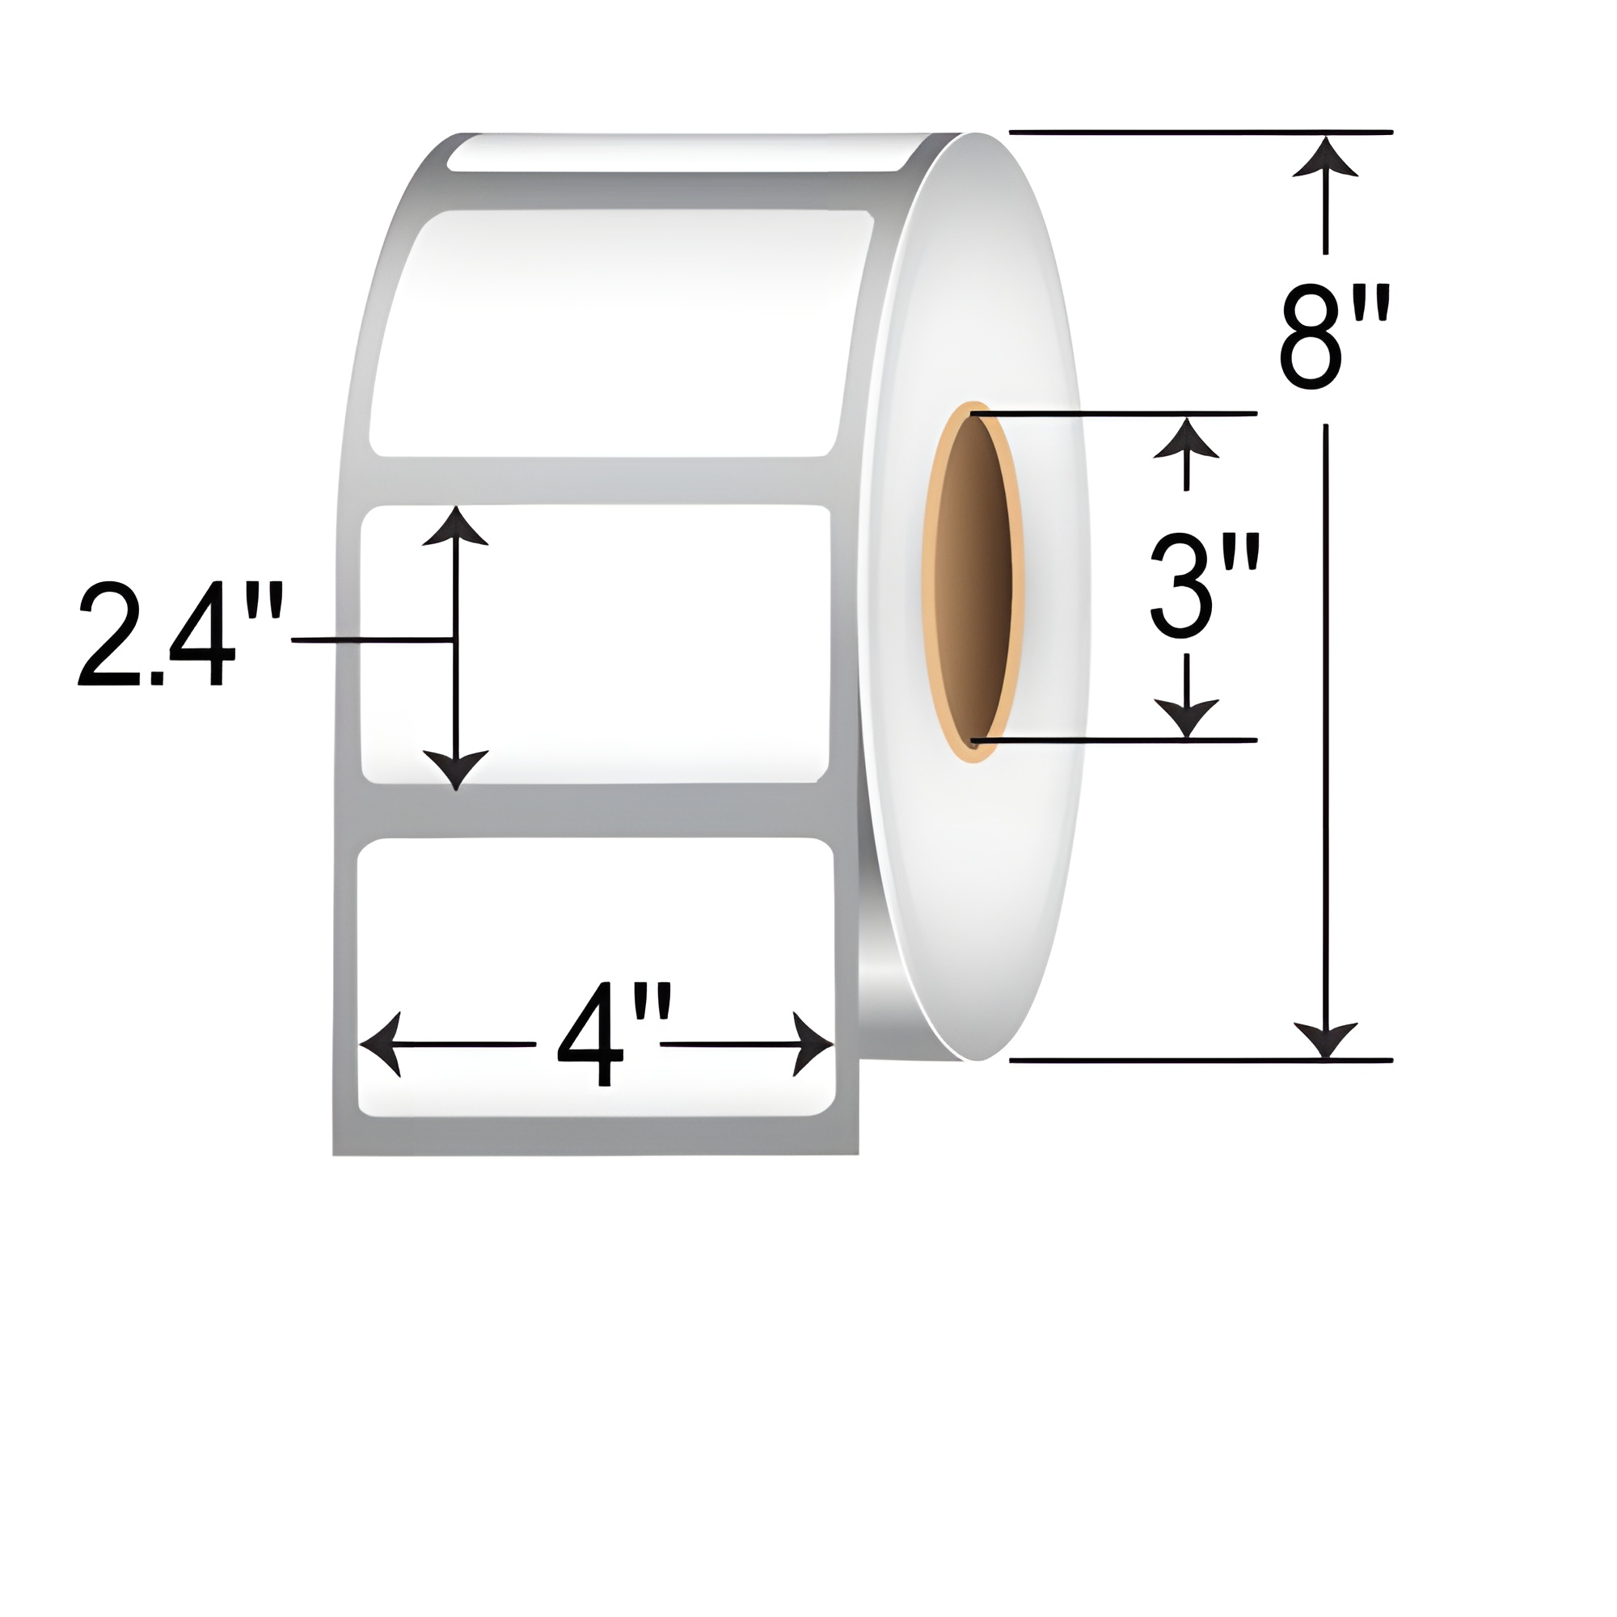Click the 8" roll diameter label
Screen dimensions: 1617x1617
click(1334, 337)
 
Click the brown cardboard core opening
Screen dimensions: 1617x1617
click(973, 577)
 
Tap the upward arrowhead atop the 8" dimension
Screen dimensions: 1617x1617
click(1325, 159)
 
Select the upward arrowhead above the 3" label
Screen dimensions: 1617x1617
click(1186, 437)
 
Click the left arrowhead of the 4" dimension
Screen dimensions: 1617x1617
click(381, 1044)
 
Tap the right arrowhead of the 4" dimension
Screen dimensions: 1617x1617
click(812, 1044)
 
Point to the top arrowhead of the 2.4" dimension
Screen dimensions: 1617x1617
click(455, 527)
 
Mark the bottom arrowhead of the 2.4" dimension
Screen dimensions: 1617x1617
click(455, 769)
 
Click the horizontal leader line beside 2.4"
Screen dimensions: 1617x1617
click(373, 640)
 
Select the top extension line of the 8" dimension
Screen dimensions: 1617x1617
click(1201, 133)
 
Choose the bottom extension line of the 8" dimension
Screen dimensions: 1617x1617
click(1201, 1061)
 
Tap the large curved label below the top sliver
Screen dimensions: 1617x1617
click(619, 335)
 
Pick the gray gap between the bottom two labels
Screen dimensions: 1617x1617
click(594, 810)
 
